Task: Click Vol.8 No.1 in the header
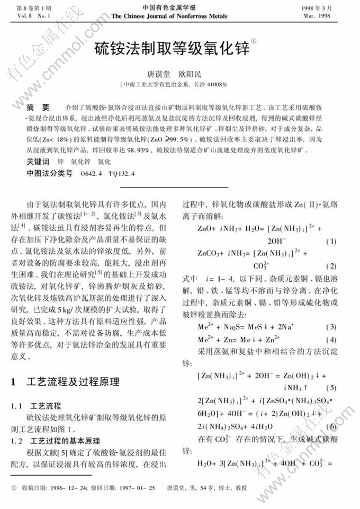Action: [x=30, y=16]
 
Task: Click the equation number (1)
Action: [x=331, y=241]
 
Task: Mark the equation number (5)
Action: [x=331, y=388]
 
